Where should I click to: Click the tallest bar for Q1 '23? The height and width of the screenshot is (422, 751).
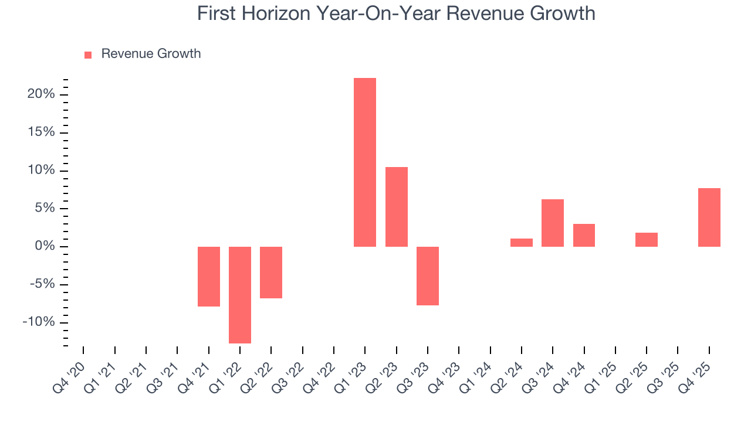(x=365, y=162)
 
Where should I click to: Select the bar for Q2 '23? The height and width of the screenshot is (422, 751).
(x=397, y=207)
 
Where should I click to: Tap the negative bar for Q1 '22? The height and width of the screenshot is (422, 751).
(x=240, y=295)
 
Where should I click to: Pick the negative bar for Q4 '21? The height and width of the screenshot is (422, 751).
(x=209, y=277)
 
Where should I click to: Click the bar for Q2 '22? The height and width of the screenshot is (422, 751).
(x=271, y=273)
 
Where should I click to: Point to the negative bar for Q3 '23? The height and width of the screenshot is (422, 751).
(x=428, y=276)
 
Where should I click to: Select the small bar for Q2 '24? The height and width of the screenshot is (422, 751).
(x=522, y=243)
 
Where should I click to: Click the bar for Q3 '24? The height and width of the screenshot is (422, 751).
(x=553, y=223)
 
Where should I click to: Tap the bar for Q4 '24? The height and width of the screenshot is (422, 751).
(x=584, y=235)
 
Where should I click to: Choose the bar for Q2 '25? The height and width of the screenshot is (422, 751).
(x=647, y=240)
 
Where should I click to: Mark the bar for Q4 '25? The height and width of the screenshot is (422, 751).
(x=709, y=217)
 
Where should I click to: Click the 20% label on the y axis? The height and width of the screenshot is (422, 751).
(x=41, y=94)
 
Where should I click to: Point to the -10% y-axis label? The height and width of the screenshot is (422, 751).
(x=39, y=322)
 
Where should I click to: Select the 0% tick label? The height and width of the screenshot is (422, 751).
(x=45, y=246)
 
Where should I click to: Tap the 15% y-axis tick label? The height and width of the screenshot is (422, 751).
(x=41, y=132)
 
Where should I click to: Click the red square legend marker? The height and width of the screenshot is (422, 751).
(x=88, y=55)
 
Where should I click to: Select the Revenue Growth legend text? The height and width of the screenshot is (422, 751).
(x=151, y=54)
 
